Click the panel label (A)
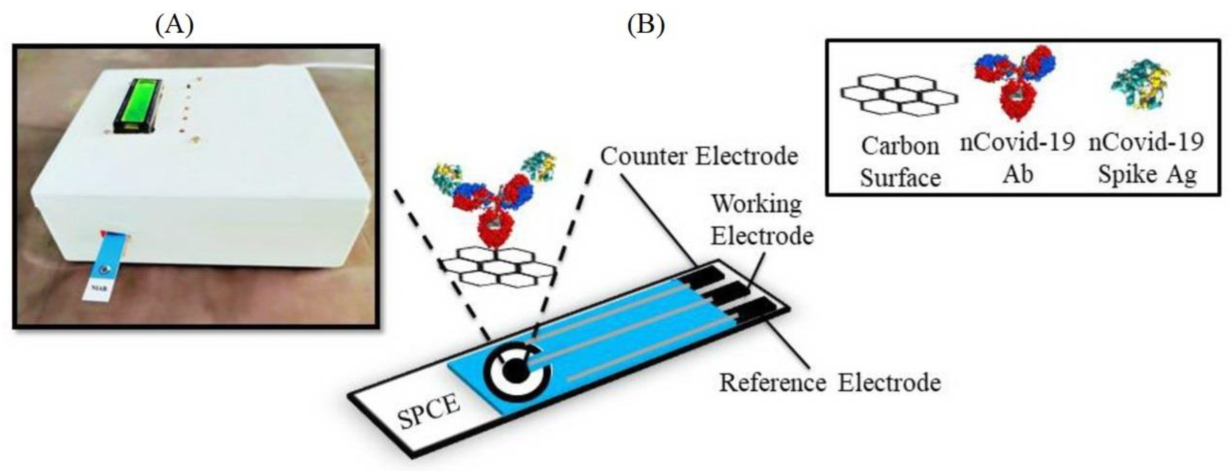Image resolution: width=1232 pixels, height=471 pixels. click(175, 25)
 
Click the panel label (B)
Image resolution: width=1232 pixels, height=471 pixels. click(646, 24)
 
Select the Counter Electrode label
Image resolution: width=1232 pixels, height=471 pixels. click(699, 156)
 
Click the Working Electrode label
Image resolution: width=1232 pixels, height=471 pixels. click(761, 220)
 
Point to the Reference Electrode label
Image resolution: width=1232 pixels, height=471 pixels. click(830, 383)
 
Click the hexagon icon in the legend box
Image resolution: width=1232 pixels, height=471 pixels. click(899, 96)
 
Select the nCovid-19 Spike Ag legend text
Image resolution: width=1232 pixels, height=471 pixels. click(1146, 158)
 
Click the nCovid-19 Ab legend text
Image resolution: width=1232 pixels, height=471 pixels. click(1017, 158)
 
